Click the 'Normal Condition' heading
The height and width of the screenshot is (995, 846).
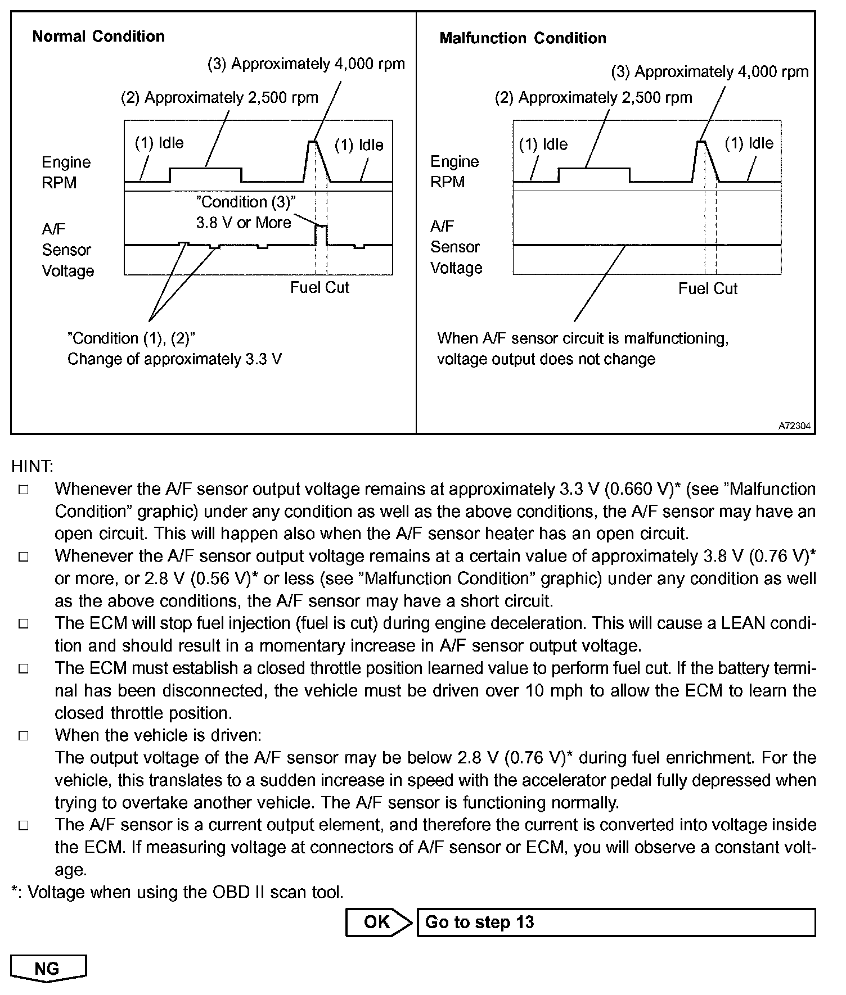coord(98,37)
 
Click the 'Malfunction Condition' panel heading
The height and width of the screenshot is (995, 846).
coord(523,38)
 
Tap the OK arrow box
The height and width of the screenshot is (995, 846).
coord(377,922)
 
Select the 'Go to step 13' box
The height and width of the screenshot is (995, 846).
coord(615,922)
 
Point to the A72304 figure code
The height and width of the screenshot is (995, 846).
coord(794,426)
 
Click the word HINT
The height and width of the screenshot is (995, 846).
coord(32,466)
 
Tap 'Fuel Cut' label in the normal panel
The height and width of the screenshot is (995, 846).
coord(319,288)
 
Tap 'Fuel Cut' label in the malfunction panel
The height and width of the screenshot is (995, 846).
coord(708,289)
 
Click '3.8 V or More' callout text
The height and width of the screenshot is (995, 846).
coord(244,223)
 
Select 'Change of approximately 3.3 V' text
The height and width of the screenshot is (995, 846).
coord(174,359)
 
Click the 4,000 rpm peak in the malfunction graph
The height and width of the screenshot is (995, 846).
coord(701,142)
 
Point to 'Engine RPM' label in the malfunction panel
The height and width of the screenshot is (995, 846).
coord(454,171)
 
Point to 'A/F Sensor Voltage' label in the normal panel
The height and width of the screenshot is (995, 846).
coord(67,250)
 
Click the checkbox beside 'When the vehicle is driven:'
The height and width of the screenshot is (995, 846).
coord(23,736)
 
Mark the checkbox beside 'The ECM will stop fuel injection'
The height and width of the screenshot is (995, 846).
coord(23,623)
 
